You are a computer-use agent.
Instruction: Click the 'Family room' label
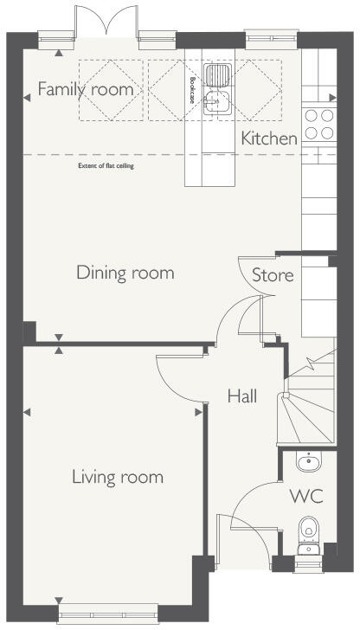click(x=85, y=89)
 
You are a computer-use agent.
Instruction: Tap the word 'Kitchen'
click(x=269, y=138)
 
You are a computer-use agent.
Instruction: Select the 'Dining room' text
click(x=125, y=273)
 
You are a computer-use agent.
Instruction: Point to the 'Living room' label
click(x=118, y=477)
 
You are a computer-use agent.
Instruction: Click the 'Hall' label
click(x=242, y=396)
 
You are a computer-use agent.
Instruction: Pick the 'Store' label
click(x=273, y=276)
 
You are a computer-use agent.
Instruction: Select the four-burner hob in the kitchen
click(x=318, y=123)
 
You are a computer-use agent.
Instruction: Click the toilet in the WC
click(x=308, y=531)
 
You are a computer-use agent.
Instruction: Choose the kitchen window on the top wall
click(x=260, y=37)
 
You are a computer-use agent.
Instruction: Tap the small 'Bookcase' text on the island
click(x=191, y=88)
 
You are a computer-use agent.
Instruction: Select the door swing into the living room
click(x=177, y=381)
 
